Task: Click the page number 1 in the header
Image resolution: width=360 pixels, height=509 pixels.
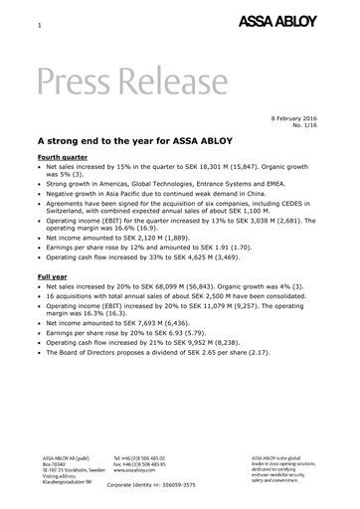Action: pyautogui.click(x=39, y=23)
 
